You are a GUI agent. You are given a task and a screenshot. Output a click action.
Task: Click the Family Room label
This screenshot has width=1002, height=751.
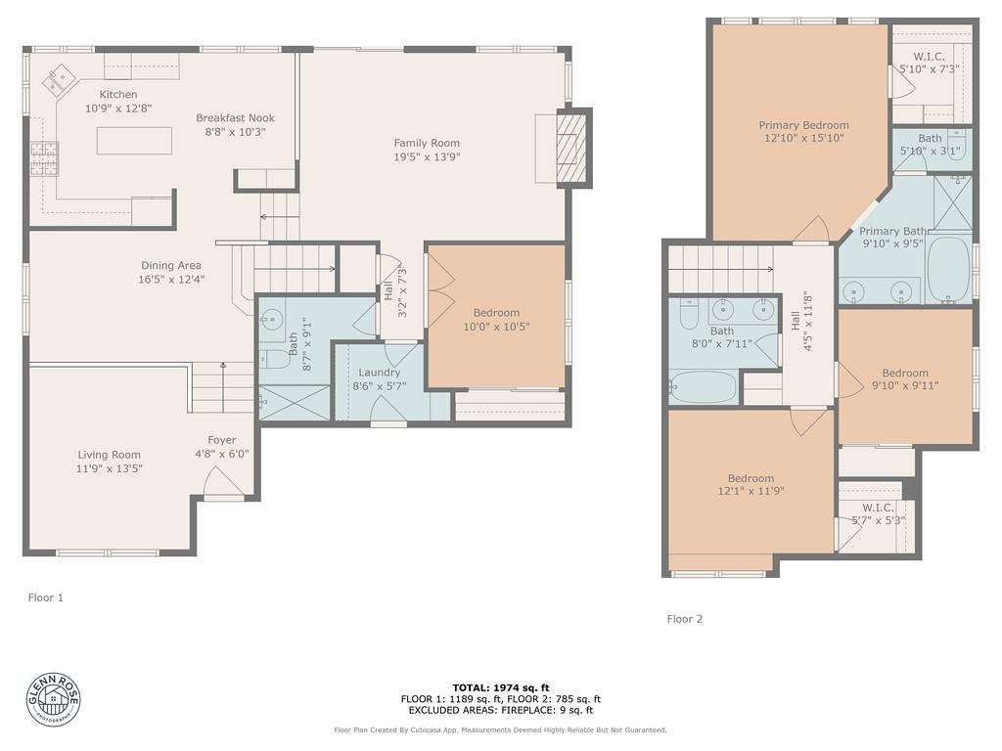coord(427,144)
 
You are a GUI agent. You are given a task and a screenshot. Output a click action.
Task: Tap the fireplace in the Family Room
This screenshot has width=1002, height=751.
coord(570,148)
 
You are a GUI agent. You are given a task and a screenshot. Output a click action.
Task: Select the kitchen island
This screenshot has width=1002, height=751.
coord(134,141)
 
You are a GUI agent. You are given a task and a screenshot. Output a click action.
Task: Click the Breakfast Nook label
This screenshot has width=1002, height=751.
coord(235,118)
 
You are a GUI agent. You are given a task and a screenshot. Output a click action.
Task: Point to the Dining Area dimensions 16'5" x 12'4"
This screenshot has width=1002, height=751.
coord(171,279)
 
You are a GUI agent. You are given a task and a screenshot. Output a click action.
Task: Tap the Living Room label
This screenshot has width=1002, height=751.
coord(110,455)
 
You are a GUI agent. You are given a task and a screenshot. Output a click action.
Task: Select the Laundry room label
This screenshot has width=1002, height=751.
coord(379,373)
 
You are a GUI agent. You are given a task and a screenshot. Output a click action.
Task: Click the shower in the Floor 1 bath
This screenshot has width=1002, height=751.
coord(294,403)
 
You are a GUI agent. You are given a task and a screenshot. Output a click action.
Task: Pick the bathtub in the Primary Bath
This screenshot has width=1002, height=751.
coord(948,268)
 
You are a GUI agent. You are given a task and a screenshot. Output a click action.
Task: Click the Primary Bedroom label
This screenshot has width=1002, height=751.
coord(803,125)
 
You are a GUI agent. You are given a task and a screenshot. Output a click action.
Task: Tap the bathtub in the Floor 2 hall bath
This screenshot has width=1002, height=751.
coord(703,386)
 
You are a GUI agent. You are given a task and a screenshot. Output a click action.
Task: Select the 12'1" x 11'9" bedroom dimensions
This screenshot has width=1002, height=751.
coord(751,492)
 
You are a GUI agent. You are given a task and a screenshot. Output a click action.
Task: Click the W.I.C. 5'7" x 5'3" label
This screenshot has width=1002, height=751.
coord(878,508)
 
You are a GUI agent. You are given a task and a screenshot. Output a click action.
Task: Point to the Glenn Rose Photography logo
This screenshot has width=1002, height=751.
coord(54,699)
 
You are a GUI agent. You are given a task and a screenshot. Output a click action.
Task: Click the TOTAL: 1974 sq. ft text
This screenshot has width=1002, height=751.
coord(500,687)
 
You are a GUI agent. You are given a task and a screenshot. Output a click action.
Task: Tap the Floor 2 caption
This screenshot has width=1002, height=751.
coord(685,619)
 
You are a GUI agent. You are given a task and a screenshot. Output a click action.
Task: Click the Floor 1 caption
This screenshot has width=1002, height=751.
coord(46,596)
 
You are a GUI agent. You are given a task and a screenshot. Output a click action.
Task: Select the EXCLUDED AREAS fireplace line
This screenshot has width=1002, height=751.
coord(500,711)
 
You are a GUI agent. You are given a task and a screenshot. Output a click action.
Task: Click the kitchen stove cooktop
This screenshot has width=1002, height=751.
coord(44,158)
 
